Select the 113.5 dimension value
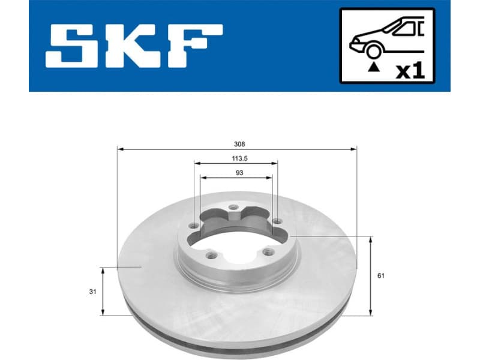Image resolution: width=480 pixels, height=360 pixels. click(236, 159)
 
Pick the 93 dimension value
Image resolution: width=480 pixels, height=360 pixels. click(236, 173)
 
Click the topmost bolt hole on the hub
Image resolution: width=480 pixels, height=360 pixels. click(234, 210)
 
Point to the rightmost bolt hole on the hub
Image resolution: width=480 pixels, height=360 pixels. click(277, 223)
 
